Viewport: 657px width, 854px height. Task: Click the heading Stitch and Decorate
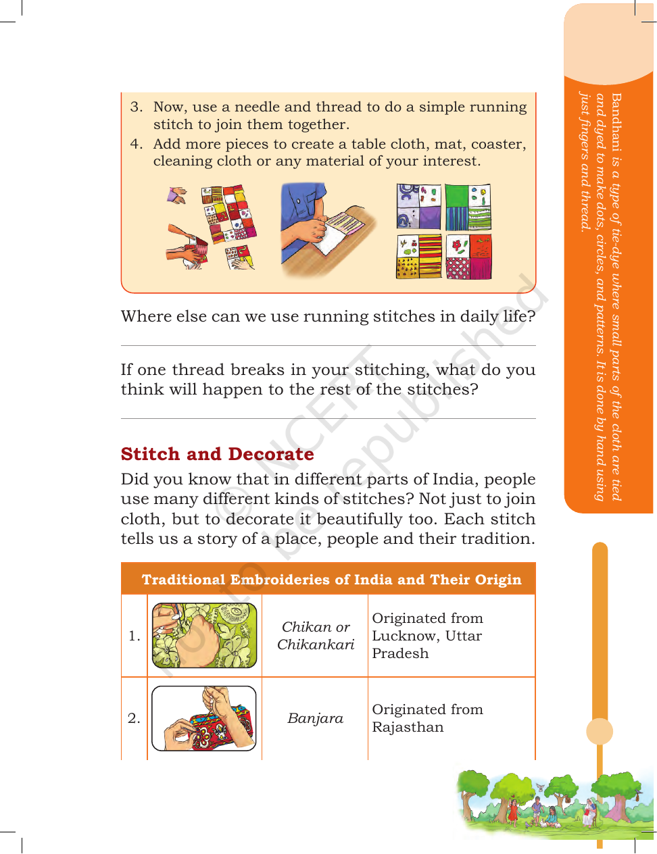pyautogui.click(x=217, y=454)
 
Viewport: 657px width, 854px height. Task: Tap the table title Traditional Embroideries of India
pyautogui.click(x=331, y=579)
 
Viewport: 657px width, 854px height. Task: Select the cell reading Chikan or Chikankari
pyautogui.click(x=316, y=636)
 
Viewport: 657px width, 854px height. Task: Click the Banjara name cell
pyautogui.click(x=315, y=718)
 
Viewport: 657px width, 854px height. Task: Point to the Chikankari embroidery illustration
pyautogui.click(x=204, y=636)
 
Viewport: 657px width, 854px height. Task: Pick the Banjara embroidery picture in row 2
pyautogui.click(x=204, y=718)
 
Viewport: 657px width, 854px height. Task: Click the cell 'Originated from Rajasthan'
pyautogui.click(x=427, y=718)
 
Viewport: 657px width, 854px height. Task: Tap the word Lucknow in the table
pyautogui.click(x=406, y=636)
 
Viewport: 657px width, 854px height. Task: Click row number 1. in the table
pyautogui.click(x=135, y=636)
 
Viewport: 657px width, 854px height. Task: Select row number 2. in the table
pyautogui.click(x=134, y=718)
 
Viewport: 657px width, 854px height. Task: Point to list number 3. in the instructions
pyautogui.click(x=137, y=107)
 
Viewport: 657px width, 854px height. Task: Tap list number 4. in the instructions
pyautogui.click(x=137, y=144)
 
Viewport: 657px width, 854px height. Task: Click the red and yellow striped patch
pyautogui.click(x=429, y=257)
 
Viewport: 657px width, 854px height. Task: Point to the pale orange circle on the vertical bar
pyautogui.click(x=599, y=732)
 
